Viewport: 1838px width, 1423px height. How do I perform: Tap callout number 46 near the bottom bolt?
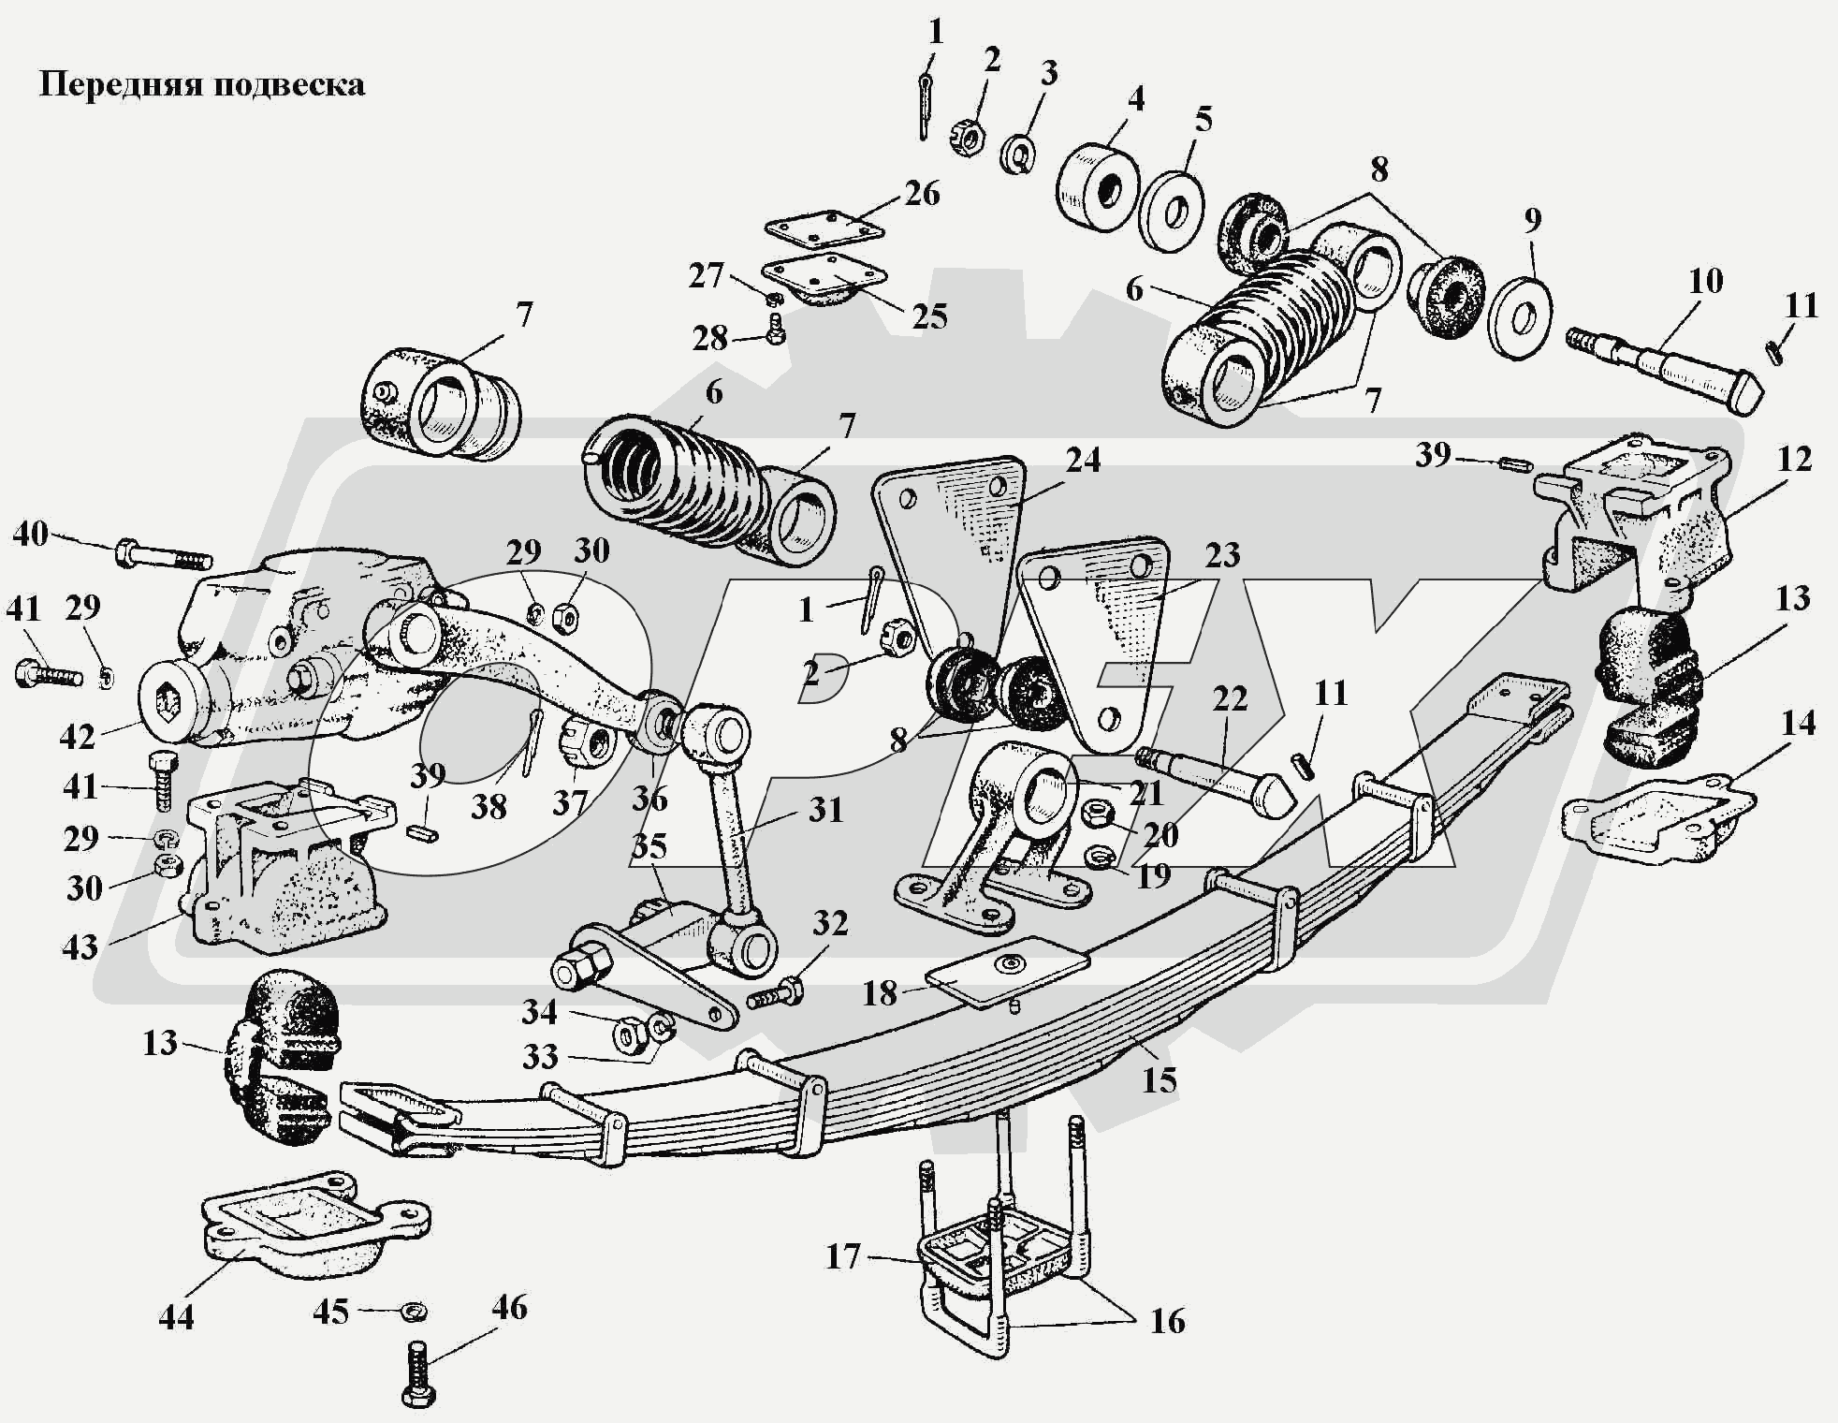(509, 1307)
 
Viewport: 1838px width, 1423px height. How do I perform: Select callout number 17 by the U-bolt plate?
(842, 1255)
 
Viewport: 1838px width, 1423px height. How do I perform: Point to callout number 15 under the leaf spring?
(1159, 1079)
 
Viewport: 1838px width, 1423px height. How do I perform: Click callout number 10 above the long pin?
(1706, 280)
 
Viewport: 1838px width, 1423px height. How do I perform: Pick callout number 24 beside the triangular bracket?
(1083, 460)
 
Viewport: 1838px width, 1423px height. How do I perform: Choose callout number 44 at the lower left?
(176, 1316)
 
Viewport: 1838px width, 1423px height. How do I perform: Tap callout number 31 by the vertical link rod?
(825, 809)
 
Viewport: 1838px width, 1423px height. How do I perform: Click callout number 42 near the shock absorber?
(78, 737)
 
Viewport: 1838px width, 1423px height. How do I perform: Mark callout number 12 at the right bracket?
(1795, 459)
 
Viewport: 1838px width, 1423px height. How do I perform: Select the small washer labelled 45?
(410, 1312)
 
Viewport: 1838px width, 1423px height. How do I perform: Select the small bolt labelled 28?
(776, 328)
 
